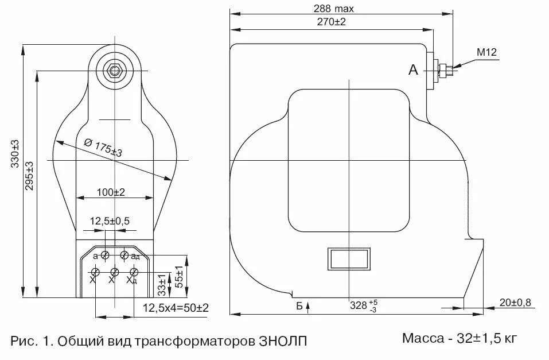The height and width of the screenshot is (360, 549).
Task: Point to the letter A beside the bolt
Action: coord(412,70)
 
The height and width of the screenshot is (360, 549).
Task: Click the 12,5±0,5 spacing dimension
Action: coord(110,221)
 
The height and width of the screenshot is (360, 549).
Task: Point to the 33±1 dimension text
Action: coord(162,283)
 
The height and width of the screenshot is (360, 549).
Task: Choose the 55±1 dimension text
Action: coord(179,277)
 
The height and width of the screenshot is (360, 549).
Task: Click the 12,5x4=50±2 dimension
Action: coord(175,308)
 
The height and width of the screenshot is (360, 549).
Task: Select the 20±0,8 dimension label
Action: coord(516,303)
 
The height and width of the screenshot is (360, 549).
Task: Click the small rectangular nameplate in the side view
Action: coord(348,258)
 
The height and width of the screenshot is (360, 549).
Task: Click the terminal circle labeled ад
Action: coord(124,255)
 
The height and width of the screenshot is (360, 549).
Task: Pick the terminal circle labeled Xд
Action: coord(134,272)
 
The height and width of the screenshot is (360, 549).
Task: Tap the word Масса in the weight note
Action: coord(423,338)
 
